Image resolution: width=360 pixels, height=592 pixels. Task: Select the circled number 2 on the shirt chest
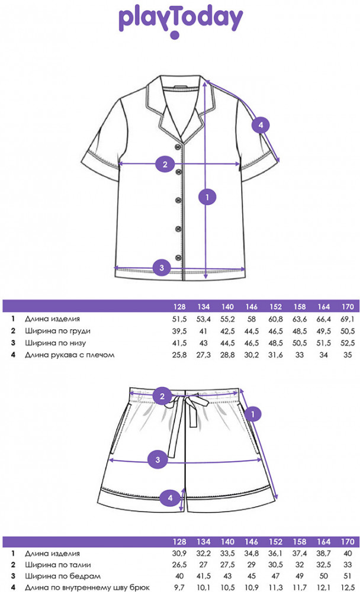[165, 165]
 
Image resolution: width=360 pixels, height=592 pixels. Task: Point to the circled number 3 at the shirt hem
[162, 268]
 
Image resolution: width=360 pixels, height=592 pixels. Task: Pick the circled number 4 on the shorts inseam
[171, 498]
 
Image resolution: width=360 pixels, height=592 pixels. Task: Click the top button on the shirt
[178, 148]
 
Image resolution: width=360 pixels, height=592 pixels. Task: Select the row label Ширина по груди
[57, 330]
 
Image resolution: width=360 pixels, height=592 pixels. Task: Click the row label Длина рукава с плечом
[69, 355]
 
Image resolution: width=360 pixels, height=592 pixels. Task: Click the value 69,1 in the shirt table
[348, 318]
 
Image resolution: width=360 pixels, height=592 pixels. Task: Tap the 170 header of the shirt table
[348, 307]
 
